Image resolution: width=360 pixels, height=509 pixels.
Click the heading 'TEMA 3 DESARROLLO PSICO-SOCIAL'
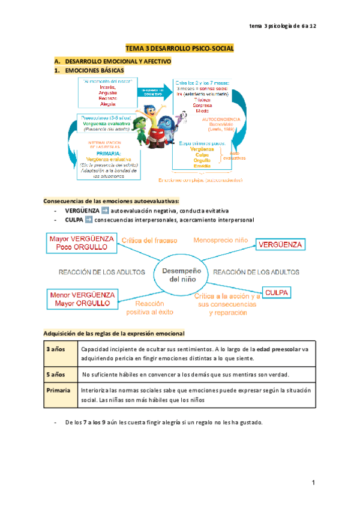coord(179,47)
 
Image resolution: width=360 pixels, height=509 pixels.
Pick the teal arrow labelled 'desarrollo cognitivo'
coord(157,91)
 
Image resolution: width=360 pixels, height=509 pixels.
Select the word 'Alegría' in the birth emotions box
coord(109,104)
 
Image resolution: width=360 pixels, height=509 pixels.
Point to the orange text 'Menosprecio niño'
coord(220,240)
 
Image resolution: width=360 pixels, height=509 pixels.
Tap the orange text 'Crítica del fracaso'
coord(149,241)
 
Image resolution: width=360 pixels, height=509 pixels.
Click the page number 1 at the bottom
coord(313,483)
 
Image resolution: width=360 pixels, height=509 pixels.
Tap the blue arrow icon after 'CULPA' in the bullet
coord(89,220)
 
